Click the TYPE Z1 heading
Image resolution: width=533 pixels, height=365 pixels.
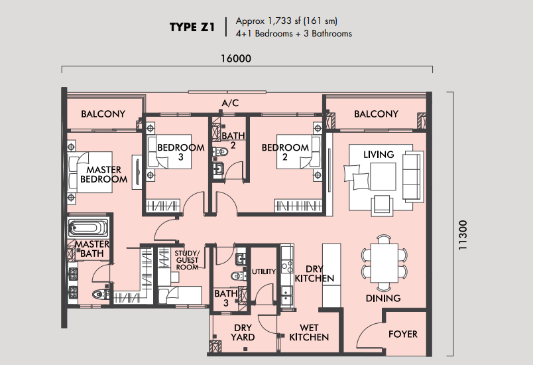coord(192,27)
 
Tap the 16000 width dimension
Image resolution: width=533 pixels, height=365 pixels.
coord(236,58)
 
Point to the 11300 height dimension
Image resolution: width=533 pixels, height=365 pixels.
coord(463,235)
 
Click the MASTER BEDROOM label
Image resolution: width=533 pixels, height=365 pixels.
coord(103,174)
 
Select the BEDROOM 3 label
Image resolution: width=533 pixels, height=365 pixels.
coord(181,152)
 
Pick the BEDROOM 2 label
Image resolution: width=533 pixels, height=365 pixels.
coord(285,152)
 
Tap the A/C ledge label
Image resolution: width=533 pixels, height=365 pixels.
coord(230,103)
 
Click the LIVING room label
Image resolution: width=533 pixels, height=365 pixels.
coord(379,155)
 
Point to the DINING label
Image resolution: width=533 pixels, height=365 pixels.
coord(383,299)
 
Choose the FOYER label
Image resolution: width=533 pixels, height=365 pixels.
coord(403,334)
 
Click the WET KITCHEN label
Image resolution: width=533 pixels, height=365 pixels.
coord(309,332)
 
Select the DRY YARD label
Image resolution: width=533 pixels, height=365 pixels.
coord(243,332)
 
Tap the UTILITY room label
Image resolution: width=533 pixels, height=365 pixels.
coord(264,271)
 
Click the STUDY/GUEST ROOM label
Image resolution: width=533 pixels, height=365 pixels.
coord(187,260)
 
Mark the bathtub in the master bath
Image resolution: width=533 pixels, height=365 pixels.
coord(88,228)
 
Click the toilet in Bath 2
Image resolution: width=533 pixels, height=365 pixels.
coord(220,152)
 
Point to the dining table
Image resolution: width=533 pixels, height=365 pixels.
coord(384,263)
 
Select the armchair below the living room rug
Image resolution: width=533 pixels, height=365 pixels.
coord(382,205)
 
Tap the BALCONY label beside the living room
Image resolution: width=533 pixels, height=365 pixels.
coord(376,113)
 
